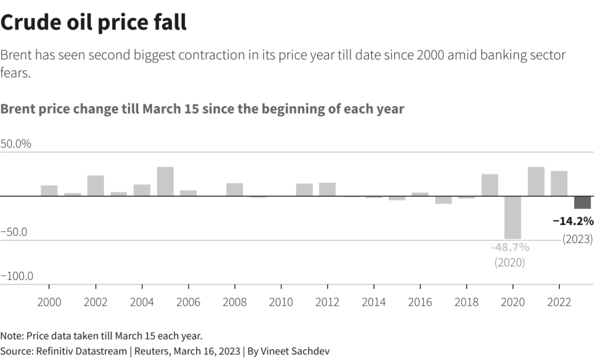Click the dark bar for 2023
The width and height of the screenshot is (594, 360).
[582, 202]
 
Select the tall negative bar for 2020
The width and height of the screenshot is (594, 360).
[513, 217]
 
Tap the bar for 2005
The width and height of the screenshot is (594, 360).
[165, 181]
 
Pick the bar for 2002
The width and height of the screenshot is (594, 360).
[96, 186]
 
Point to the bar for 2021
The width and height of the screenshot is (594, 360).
[536, 181]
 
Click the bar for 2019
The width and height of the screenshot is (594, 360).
[490, 185]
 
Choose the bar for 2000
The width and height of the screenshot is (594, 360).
[49, 191]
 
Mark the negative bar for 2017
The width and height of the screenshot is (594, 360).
[443, 200]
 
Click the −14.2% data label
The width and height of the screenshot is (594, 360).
[573, 221]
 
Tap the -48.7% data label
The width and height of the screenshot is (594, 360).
[510, 248]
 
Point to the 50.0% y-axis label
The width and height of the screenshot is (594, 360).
[16, 144]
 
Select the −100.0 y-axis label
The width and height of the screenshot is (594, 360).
[17, 276]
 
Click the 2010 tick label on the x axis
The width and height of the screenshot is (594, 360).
[281, 302]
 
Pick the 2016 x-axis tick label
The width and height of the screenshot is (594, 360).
[420, 302]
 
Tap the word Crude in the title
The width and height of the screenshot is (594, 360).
[28, 23]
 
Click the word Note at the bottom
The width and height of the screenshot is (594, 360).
[11, 336]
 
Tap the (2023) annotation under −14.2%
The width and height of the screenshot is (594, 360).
[577, 239]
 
